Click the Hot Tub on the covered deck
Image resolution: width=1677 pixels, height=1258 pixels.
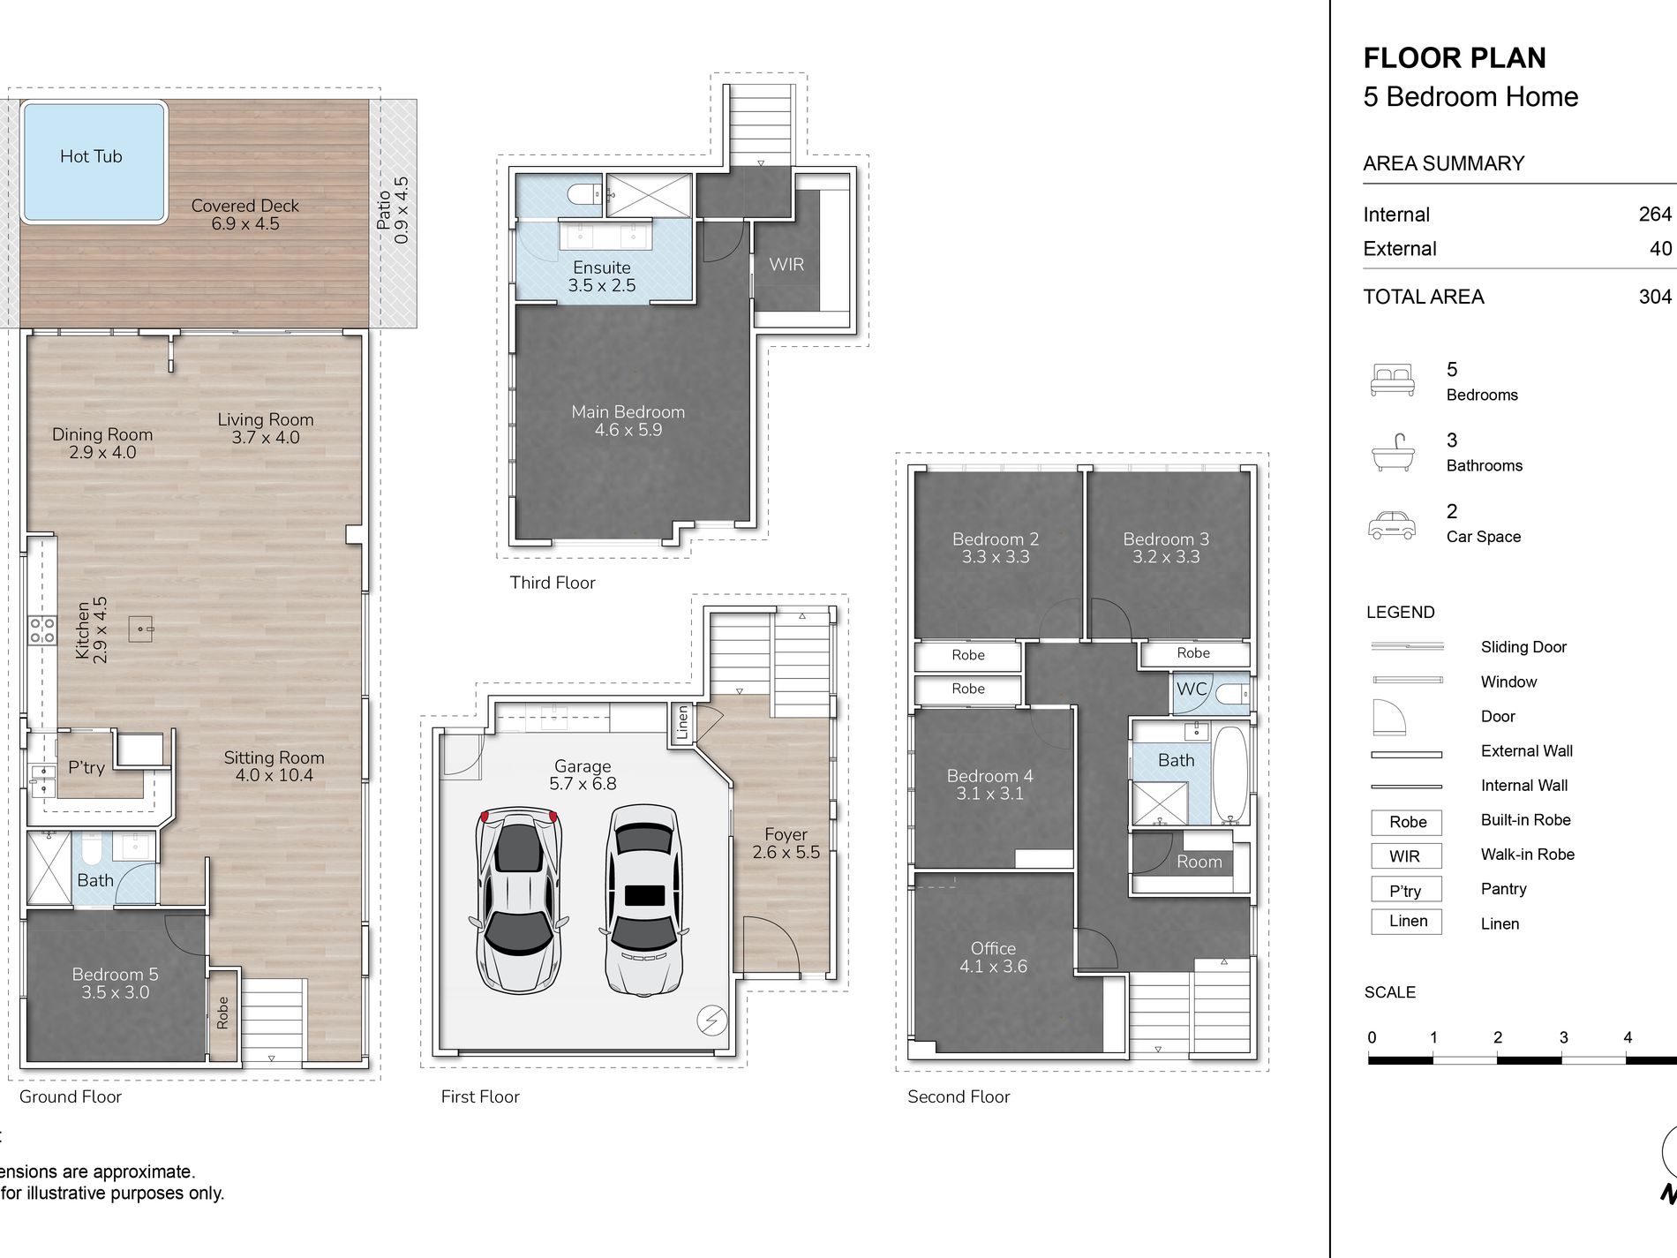94,162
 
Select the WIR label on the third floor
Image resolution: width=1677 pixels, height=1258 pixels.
786,264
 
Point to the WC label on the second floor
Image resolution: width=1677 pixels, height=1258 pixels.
1192,689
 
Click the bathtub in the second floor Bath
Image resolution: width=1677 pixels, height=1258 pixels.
1230,774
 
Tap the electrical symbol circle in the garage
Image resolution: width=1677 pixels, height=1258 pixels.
711,1021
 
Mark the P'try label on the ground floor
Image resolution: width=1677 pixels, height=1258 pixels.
86,768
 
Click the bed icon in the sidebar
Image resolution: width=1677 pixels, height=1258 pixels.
1393,380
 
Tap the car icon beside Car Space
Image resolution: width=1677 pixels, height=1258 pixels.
1392,524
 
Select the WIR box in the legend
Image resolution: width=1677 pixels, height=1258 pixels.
1406,855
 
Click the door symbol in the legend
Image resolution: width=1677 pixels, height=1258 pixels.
1387,717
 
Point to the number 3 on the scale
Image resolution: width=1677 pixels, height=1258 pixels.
1563,1037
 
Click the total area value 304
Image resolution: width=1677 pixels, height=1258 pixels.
1655,297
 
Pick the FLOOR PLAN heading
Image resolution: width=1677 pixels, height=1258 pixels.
1455,58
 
